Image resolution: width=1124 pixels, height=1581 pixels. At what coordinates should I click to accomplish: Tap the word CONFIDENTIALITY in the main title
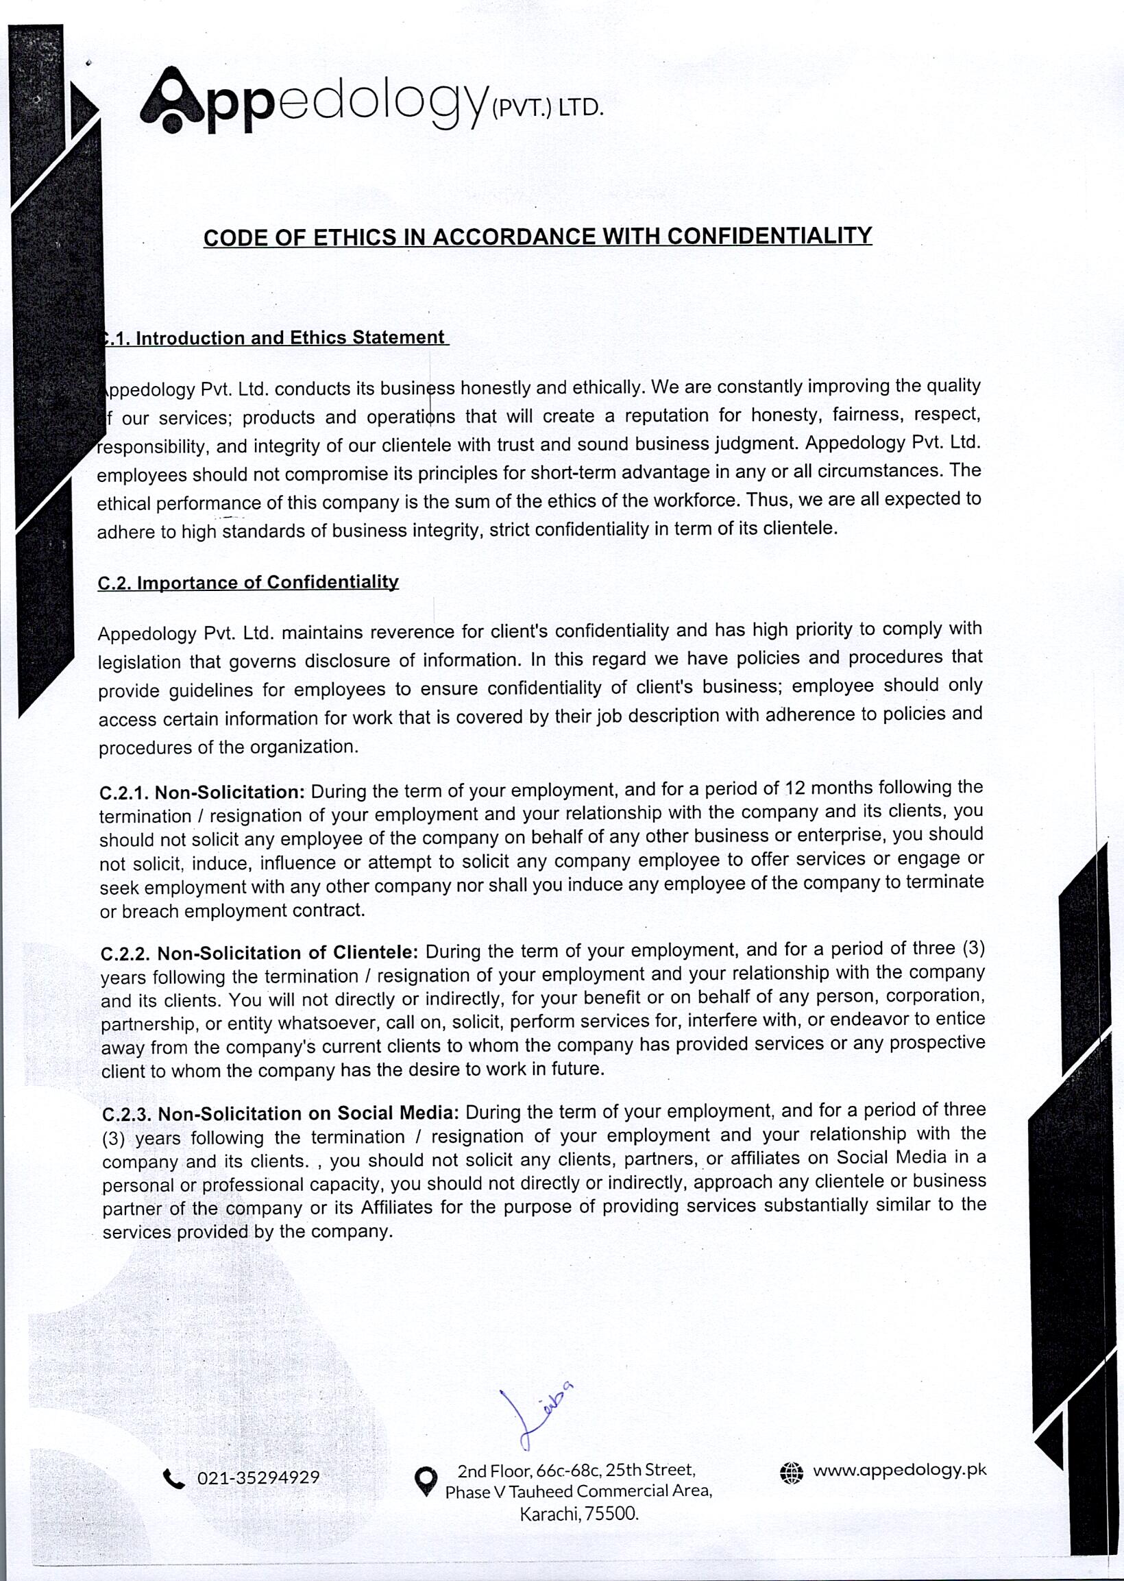(769, 235)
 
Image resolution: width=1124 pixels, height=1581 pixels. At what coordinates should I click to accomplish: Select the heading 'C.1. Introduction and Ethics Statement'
(273, 338)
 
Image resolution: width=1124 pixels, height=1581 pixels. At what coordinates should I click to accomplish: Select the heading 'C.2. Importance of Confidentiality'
(248, 582)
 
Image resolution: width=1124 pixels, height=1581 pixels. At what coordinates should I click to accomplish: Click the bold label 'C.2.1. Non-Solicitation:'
(202, 792)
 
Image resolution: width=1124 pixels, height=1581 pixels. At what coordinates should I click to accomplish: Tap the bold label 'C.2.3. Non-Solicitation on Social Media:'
(280, 1113)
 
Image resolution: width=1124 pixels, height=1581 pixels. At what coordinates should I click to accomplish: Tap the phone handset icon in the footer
(173, 1479)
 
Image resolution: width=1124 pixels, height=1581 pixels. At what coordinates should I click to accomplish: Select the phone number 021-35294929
(258, 1478)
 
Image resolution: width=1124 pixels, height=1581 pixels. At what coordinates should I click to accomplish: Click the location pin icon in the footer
(426, 1481)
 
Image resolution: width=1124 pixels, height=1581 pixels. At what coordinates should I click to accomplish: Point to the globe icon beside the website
(791, 1472)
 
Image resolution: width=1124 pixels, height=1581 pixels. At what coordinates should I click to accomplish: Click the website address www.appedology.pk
(899, 1470)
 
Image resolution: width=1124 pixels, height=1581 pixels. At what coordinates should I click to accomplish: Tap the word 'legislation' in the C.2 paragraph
(139, 662)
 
